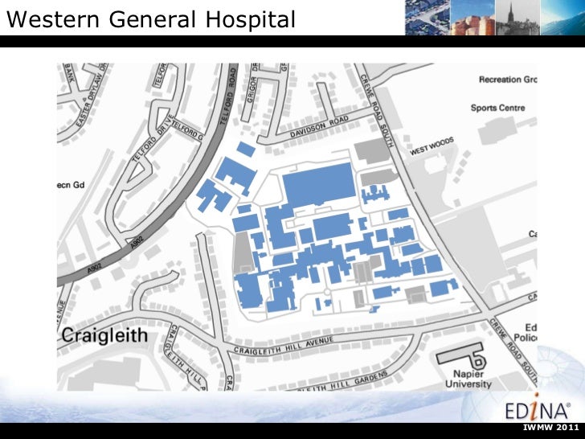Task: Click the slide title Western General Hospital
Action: coord(150,19)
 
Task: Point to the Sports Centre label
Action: coord(497,108)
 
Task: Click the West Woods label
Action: coord(432,146)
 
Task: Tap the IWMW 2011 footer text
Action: coord(550,426)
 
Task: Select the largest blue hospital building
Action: coord(318,185)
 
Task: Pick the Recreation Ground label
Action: coord(507,80)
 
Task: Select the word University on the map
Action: coord(470,385)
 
